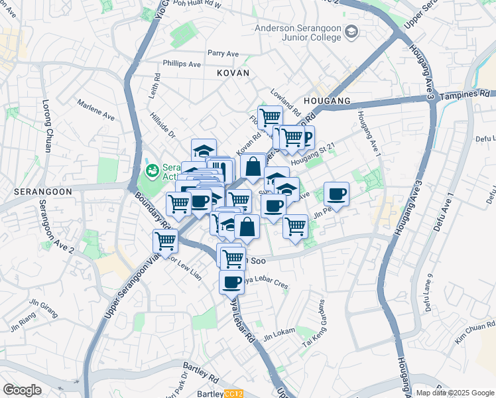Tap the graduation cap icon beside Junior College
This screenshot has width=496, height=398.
coord(351,32)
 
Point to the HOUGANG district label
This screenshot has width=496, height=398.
coord(326,100)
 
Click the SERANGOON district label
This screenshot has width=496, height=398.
coord(34,190)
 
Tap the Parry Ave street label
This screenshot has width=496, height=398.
coord(223,53)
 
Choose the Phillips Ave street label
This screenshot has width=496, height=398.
coord(182,65)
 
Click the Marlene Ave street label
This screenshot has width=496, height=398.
coord(96,111)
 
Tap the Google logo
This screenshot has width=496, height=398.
coord(22,390)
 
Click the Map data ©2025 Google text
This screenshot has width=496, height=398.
coord(455,393)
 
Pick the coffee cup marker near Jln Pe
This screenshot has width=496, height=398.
coord(336,193)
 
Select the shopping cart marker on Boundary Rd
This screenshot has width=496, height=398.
coord(164,241)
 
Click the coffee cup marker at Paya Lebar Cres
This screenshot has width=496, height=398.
coord(231,282)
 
